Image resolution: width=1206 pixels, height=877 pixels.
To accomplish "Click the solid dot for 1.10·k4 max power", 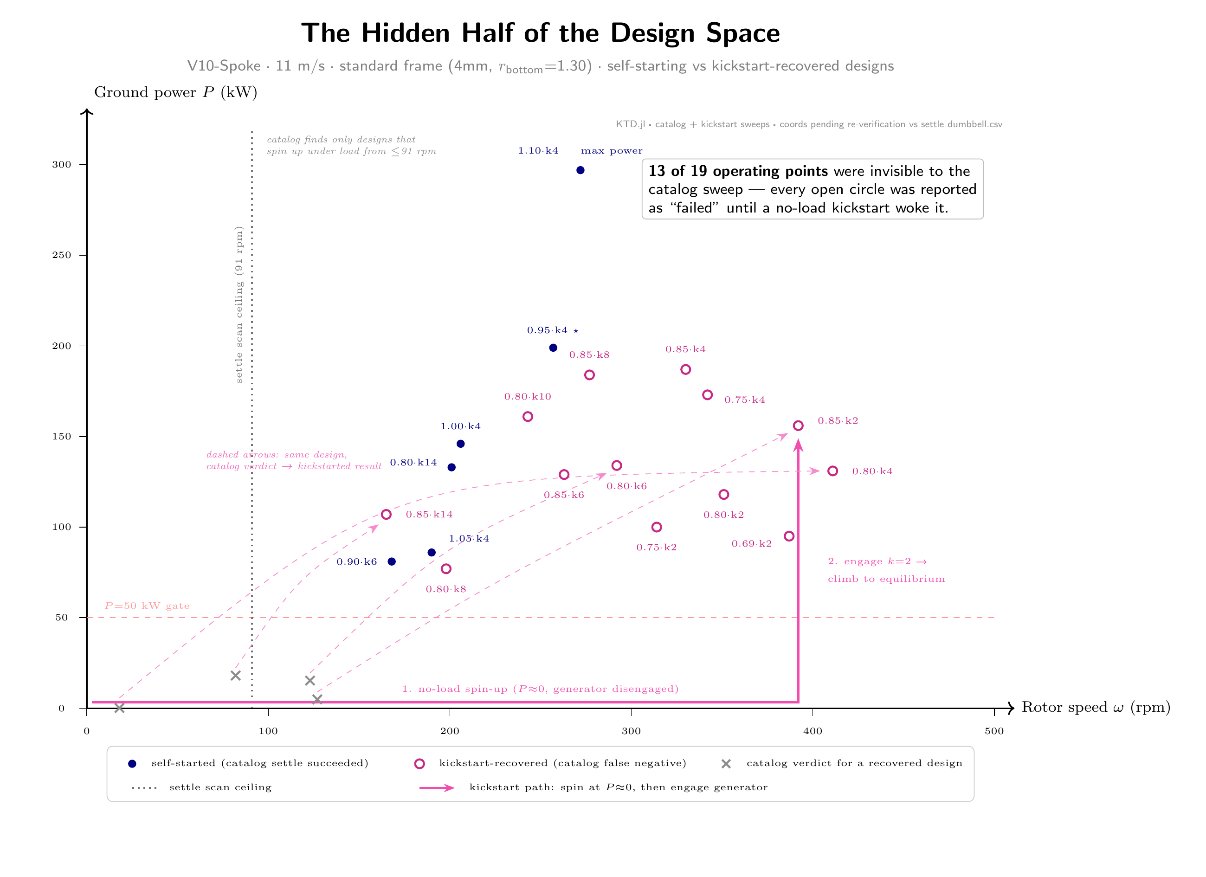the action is [x=580, y=170].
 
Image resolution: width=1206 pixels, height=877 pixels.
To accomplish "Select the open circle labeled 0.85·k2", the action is [x=798, y=426].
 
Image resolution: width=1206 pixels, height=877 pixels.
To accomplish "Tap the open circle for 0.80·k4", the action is [x=833, y=471].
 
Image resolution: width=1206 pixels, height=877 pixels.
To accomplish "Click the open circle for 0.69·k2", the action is [x=789, y=536].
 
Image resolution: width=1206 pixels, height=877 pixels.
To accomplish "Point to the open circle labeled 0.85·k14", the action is [x=387, y=514].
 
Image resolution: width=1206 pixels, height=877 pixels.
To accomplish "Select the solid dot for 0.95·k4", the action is [x=553, y=348].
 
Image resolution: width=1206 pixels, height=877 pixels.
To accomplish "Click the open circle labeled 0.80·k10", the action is [x=528, y=416].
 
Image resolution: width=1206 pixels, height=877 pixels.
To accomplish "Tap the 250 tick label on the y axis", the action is [x=61, y=255].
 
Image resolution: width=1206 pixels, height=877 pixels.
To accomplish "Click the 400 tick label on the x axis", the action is [x=813, y=731].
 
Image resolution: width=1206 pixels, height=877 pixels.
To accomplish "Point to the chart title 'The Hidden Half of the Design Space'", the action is [x=540, y=33].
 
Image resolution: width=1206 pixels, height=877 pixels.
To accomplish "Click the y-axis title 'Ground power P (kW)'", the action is [x=175, y=92].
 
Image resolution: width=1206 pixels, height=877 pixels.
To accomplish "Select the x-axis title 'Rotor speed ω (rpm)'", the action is [x=1096, y=707].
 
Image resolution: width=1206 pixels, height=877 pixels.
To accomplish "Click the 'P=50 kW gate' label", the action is [x=147, y=606].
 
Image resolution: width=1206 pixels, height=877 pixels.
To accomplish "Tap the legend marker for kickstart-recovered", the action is [x=419, y=764].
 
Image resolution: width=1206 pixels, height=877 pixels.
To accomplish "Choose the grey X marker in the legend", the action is [x=726, y=764].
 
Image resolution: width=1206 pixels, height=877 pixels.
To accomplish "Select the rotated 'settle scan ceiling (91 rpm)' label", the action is [x=239, y=305].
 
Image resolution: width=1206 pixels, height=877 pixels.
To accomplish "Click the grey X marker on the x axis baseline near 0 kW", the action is [x=120, y=708].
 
